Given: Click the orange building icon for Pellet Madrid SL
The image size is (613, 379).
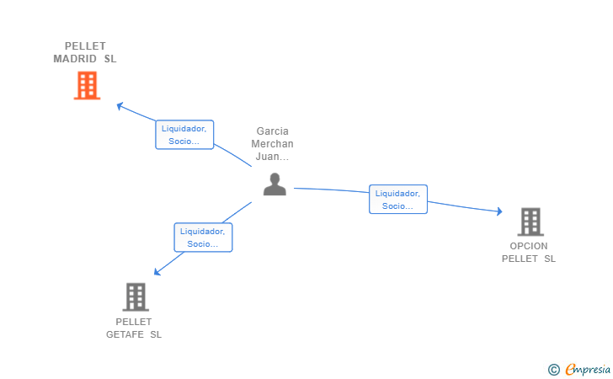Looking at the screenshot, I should point(87,85).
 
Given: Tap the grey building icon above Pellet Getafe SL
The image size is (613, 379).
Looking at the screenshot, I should point(135,296).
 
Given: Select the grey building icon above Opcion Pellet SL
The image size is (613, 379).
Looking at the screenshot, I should point(530,222).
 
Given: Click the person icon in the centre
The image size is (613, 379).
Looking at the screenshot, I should point(275,184).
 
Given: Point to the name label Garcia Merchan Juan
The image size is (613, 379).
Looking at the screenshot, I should point(273,144).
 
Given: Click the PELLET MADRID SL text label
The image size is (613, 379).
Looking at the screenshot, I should point(85,52).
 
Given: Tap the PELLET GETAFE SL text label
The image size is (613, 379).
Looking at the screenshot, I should point(134,328).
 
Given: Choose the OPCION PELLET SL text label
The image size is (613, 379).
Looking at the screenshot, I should point(529,252).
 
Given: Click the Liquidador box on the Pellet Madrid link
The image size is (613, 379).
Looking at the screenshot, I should point(184,135).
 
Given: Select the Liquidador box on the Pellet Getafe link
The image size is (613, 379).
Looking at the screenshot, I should point(203,238).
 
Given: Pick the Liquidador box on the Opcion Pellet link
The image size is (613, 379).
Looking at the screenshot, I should point(398,199).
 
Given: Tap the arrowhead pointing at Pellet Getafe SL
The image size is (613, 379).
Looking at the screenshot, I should point(157,271).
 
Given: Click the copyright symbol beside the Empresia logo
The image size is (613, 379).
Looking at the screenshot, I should point(553,369).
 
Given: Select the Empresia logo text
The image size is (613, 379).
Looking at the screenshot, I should point(588,369).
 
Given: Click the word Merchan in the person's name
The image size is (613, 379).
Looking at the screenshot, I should point(273,144).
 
